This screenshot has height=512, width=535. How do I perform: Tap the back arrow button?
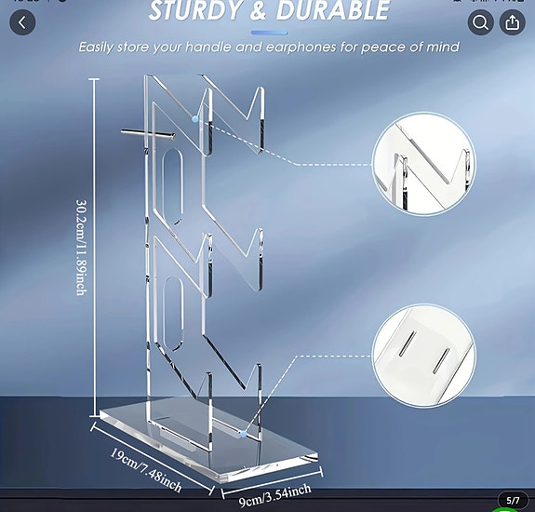pyautogui.click(x=22, y=21)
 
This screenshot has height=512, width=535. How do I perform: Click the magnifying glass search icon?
pyautogui.click(x=480, y=21)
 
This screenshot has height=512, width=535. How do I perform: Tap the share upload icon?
pyautogui.click(x=512, y=21)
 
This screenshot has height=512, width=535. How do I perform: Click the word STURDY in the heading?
pyautogui.click(x=197, y=11)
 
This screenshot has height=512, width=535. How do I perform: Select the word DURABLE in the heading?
pyautogui.click(x=329, y=11)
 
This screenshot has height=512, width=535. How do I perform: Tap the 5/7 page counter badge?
pyautogui.click(x=512, y=500)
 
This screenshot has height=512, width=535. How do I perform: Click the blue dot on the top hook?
pyautogui.click(x=194, y=119)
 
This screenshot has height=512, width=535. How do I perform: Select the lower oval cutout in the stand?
pyautogui.click(x=172, y=317)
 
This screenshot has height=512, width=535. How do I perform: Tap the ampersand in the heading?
pyautogui.click(x=257, y=11)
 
